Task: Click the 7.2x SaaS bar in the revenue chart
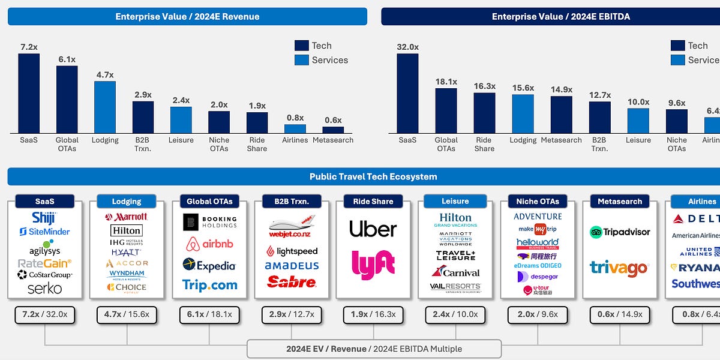coord(29,93)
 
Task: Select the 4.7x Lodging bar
coord(105,107)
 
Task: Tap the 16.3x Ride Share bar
coord(484,113)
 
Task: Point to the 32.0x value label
coord(407,46)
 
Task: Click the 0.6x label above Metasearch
coord(333,119)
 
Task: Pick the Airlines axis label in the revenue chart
coord(295,140)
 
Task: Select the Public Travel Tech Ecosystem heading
coord(373,176)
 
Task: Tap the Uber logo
coord(373,229)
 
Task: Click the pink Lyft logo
coord(373,265)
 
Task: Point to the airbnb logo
coord(209,244)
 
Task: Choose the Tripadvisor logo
coord(620,232)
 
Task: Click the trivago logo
coord(619,268)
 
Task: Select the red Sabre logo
coord(292,281)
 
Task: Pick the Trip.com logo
coord(209,285)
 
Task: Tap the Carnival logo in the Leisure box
coord(455,272)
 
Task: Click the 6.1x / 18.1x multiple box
coord(209,314)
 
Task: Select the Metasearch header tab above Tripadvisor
coord(620,202)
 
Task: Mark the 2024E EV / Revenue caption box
coord(374,349)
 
